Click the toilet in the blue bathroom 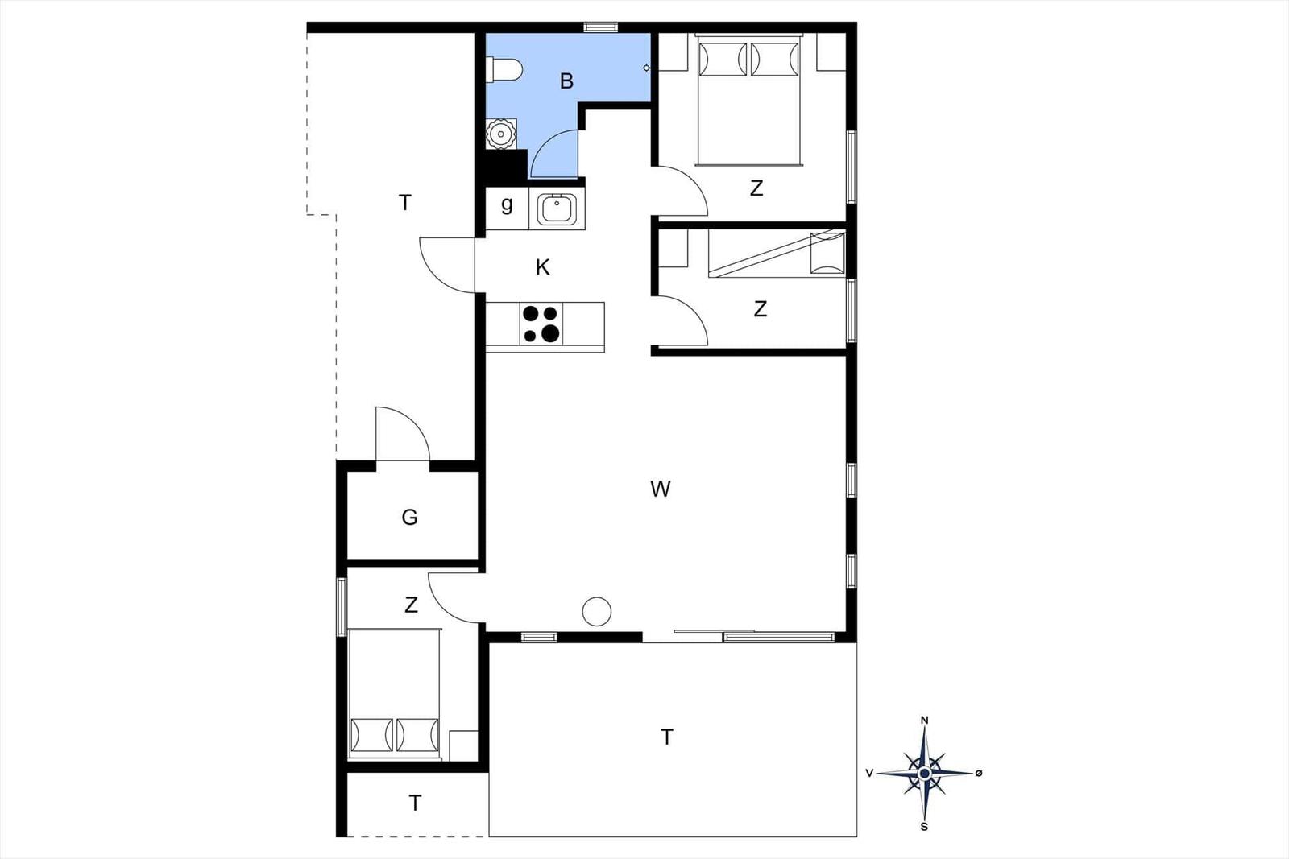coord(504,70)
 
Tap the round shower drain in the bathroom coord(501,134)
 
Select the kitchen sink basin coord(557,209)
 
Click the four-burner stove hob coord(541,324)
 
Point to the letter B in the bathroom coord(567,81)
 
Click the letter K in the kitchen coord(543,267)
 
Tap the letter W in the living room coord(660,489)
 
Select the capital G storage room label coord(410,518)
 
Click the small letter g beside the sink coord(507,204)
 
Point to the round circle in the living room coord(597,611)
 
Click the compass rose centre coord(925,774)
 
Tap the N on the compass coord(925,721)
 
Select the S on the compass coord(924,828)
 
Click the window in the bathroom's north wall coord(600,27)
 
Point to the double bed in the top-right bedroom coord(748,100)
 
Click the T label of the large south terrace coord(666,737)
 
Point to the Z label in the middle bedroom coord(761,309)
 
